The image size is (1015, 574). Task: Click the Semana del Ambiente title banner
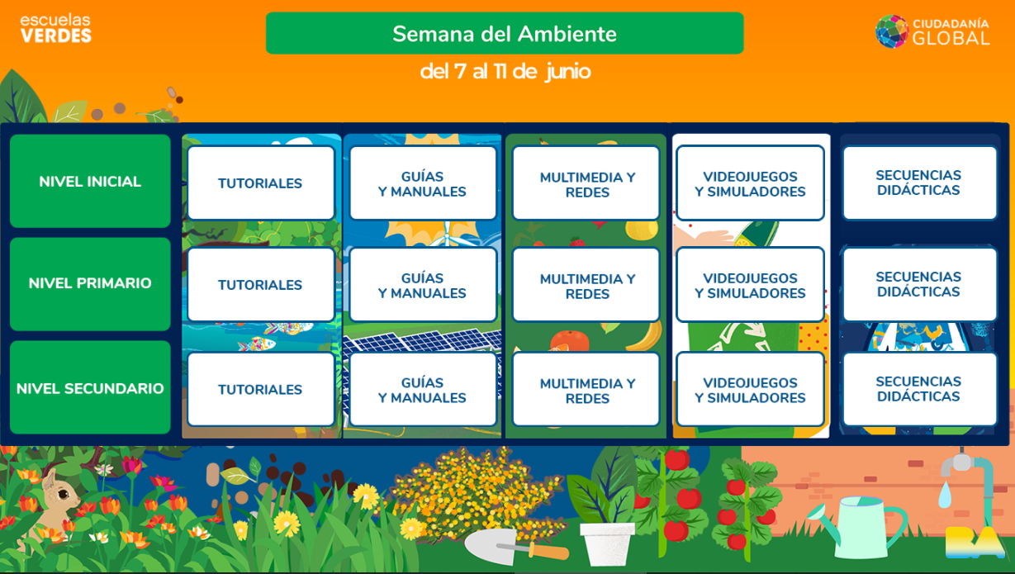(505, 33)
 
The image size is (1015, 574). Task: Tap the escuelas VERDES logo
(55, 29)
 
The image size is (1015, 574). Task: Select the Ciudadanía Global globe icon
(892, 31)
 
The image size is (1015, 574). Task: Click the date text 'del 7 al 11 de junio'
(505, 72)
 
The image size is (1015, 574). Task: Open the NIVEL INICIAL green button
(90, 181)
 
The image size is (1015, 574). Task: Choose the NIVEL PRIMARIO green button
(90, 283)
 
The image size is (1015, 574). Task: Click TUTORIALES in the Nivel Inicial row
(260, 183)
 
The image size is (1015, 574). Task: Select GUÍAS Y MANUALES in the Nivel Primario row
(423, 286)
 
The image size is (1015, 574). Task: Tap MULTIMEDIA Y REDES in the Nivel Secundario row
(586, 390)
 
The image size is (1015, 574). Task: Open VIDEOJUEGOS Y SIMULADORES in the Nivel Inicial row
(750, 183)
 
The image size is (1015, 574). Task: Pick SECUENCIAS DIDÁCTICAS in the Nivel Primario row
(919, 284)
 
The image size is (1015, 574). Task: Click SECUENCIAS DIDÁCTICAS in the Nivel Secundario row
(919, 389)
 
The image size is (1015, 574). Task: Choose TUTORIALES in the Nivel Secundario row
(260, 390)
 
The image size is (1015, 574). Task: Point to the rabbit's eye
(64, 493)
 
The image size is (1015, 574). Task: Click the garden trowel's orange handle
(548, 551)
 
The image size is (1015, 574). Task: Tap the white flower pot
(607, 544)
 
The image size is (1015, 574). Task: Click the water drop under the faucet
(945, 495)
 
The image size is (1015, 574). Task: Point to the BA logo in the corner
(975, 543)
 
